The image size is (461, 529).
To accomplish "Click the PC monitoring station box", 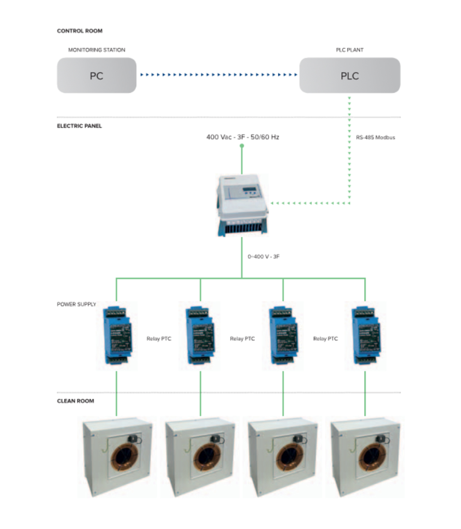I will [97, 75].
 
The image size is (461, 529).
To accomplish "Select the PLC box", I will [350, 75].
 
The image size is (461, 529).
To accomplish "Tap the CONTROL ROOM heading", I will [80, 31].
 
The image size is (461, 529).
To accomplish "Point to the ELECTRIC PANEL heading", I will [79, 126].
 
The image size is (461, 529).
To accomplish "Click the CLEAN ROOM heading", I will [75, 401].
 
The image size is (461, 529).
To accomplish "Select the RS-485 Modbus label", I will [375, 137].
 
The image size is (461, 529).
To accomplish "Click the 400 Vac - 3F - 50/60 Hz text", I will [242, 137].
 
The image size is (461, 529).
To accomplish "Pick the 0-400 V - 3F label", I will [263, 256].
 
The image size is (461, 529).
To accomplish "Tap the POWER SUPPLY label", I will [76, 304].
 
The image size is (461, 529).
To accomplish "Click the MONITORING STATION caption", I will [97, 50].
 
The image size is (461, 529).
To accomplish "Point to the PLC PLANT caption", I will [350, 50].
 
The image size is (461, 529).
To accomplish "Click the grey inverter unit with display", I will [242, 204].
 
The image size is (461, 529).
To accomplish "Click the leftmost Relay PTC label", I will [159, 339].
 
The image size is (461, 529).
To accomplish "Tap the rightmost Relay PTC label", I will [325, 339].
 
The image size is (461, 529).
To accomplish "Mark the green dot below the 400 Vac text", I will [242, 146].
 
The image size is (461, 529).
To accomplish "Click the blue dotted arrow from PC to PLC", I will [219, 74].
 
